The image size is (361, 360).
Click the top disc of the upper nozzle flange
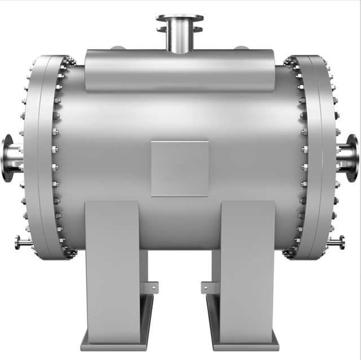(x=180, y=18)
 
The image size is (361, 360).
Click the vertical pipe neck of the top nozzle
(x=180, y=39)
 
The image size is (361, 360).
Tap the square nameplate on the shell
(x=179, y=168)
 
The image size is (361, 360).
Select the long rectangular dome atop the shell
(x=179, y=71)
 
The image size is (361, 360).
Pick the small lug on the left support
(x=151, y=288)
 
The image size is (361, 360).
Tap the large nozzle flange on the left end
(x=7, y=157)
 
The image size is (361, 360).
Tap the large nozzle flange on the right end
(x=353, y=157)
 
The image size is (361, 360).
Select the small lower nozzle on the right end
(x=337, y=243)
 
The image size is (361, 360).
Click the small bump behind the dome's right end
(x=241, y=47)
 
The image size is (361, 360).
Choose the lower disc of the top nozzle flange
(x=180, y=29)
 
